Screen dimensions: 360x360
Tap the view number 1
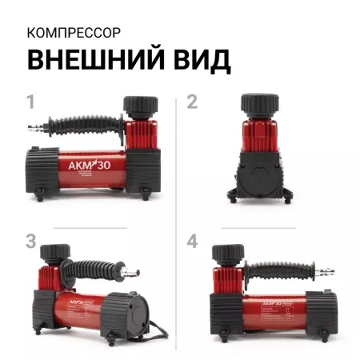(31, 102)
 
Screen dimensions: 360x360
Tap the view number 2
(192, 102)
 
